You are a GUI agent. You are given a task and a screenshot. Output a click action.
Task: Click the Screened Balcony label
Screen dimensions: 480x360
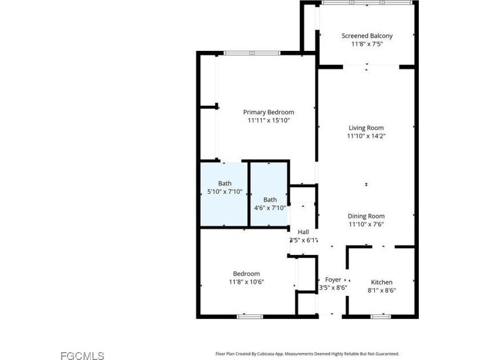[367, 36]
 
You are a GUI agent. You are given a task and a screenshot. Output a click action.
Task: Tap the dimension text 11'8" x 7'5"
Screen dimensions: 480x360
[367, 44]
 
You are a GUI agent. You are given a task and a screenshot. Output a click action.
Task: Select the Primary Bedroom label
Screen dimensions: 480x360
[269, 113]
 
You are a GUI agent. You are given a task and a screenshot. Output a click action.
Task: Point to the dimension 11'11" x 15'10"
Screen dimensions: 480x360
[269, 121]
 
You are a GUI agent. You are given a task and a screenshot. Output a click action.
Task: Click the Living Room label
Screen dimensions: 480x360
[366, 128]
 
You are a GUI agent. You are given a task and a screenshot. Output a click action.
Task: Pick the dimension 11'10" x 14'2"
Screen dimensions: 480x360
[366, 136]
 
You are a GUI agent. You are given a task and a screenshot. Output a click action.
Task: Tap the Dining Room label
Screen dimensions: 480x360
[366, 216]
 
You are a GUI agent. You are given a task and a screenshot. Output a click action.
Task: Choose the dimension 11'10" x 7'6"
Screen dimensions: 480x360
[366, 224]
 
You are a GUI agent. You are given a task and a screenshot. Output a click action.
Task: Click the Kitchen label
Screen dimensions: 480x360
[382, 282]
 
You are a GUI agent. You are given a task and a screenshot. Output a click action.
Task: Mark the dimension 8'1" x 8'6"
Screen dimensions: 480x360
[382, 290]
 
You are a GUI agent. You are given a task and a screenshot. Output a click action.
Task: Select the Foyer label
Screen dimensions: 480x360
[333, 280]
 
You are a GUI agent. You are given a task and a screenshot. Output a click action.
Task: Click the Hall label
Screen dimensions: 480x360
[303, 232]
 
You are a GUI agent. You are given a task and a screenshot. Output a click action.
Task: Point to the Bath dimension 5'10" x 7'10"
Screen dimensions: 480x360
[225, 192]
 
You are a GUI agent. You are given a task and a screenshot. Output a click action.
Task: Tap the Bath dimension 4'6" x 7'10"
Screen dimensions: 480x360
[270, 208]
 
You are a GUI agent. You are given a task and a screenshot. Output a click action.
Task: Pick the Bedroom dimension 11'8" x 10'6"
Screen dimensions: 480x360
[246, 282]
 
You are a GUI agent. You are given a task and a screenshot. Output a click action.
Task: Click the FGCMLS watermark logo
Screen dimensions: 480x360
[82, 355]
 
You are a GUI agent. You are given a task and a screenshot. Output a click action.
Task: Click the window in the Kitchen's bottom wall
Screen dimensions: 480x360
[381, 317]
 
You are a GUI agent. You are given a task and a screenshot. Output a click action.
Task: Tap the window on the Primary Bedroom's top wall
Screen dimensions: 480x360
[252, 53]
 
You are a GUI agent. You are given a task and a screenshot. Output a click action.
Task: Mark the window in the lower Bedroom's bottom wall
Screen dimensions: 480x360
[250, 317]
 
